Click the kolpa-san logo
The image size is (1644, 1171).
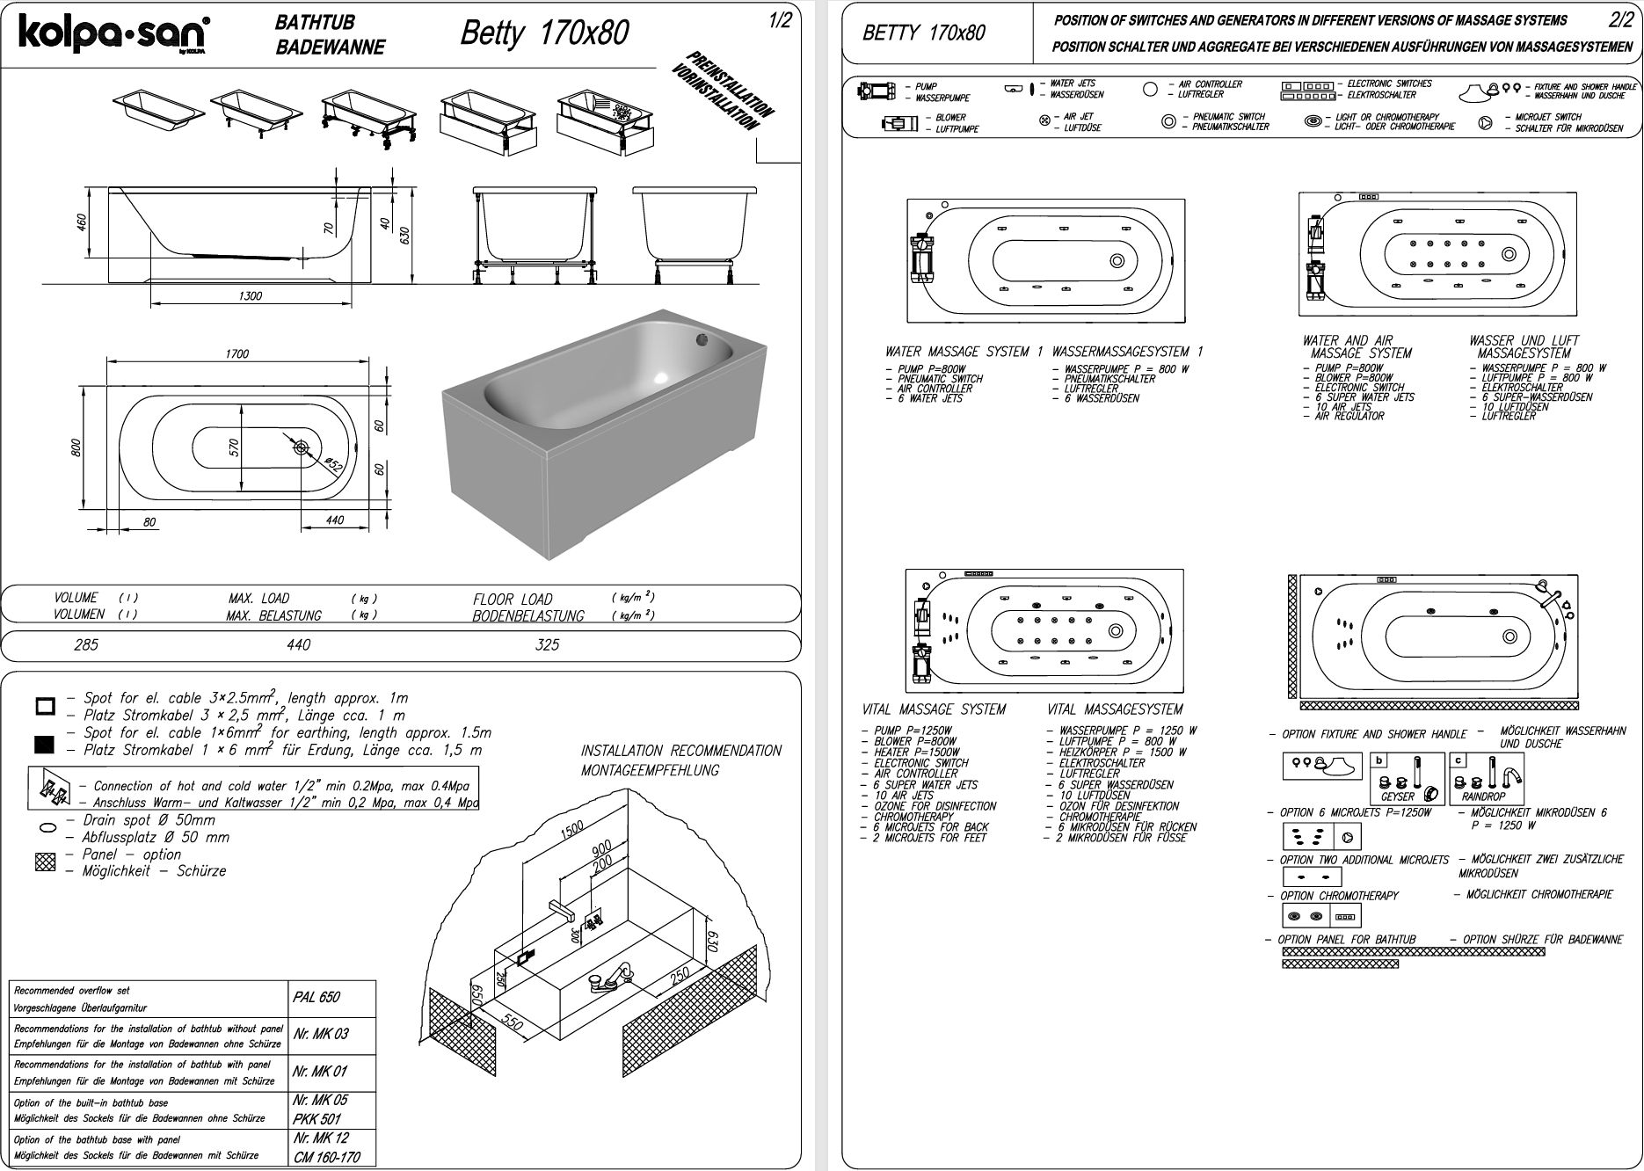tap(113, 34)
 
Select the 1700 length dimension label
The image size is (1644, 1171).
tap(236, 353)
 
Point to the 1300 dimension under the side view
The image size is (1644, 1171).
tap(251, 296)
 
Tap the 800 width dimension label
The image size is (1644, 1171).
tap(76, 447)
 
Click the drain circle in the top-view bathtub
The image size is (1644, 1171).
tap(302, 447)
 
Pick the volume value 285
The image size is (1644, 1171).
tap(86, 644)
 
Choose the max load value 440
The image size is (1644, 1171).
tap(299, 644)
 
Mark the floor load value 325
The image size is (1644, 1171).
tap(547, 644)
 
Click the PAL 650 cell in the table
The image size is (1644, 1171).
tap(316, 997)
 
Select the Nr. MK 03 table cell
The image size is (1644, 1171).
tap(321, 1034)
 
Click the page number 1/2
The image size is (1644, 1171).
tap(779, 21)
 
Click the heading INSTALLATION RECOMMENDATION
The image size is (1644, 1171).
tap(680, 751)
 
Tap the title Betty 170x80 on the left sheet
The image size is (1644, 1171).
tap(544, 33)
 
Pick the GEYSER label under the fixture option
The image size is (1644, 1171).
tap(1398, 796)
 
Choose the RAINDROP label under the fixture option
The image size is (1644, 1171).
tap(1484, 796)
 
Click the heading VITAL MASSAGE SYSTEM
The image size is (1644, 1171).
tap(934, 709)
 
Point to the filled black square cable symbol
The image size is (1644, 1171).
tap(45, 746)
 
